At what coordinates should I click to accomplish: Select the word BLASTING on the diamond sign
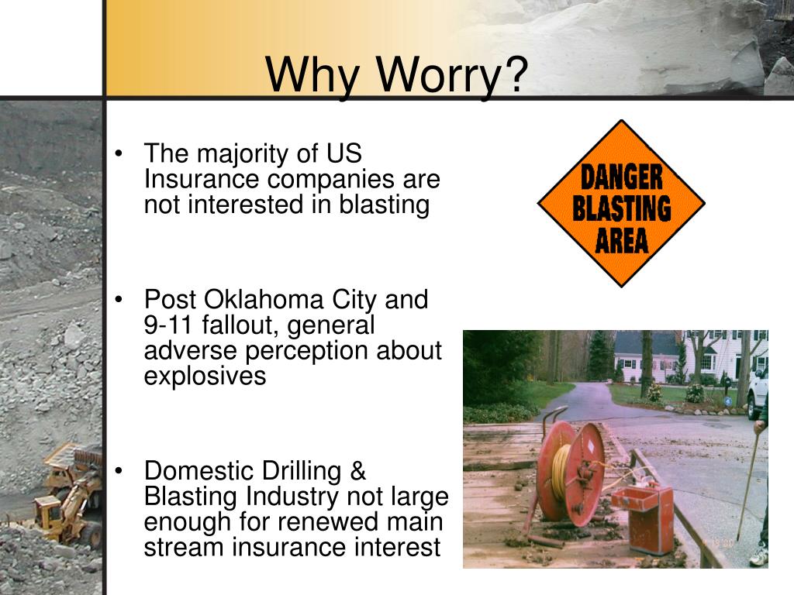[x=622, y=208]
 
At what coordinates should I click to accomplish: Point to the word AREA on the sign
[x=622, y=241]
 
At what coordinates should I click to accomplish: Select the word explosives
[x=205, y=377]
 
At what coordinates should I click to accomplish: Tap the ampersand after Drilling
[x=357, y=471]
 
